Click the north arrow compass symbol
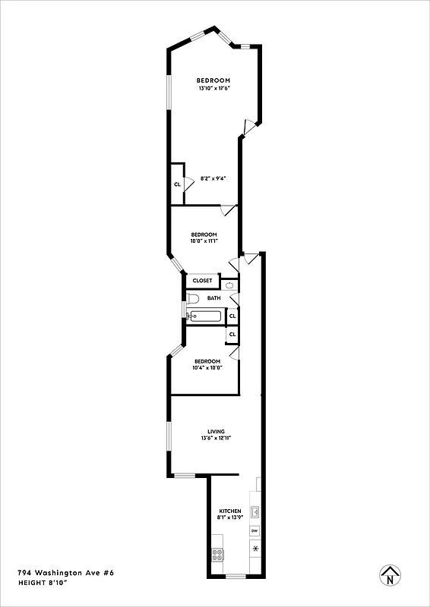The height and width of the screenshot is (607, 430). (390, 577)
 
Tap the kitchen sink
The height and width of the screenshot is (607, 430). (256, 511)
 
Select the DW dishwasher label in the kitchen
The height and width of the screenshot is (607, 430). (255, 530)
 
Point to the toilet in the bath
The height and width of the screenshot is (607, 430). (192, 298)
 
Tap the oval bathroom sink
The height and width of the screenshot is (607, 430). (229, 285)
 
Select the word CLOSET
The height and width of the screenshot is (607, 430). (203, 281)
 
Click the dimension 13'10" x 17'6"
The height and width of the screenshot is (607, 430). (213, 88)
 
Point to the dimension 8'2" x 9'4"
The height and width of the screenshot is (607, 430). (213, 178)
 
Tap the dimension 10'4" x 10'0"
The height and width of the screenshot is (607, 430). (207, 367)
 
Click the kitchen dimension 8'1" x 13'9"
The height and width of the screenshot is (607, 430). (230, 517)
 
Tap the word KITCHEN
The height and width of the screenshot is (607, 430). (230, 511)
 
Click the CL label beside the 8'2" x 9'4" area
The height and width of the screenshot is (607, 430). (177, 184)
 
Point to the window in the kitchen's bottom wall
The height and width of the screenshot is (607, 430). (236, 576)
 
